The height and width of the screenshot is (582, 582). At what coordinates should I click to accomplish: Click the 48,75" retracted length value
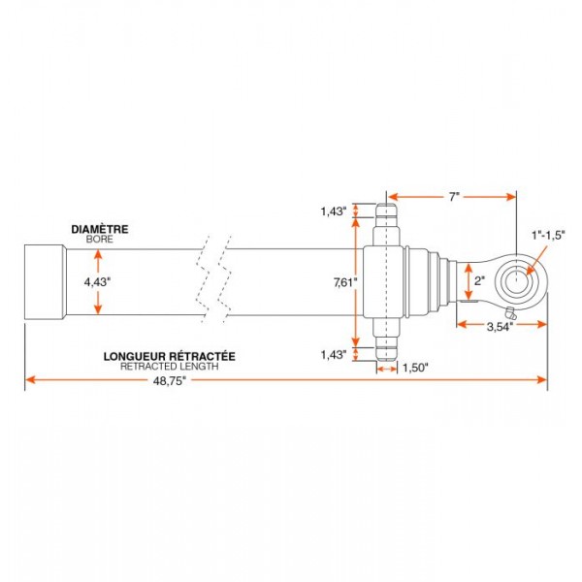click(169, 381)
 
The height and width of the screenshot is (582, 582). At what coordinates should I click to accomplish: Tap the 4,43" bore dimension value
click(98, 282)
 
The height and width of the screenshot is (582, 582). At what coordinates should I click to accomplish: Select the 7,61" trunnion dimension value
click(345, 283)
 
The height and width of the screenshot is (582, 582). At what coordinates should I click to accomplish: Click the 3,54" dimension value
click(500, 327)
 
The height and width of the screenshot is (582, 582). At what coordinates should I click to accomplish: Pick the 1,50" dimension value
click(415, 369)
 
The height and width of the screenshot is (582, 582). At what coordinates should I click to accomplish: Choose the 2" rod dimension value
click(479, 281)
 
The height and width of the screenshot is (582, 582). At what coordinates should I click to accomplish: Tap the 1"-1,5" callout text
click(548, 235)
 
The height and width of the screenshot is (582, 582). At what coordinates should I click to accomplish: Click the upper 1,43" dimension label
click(334, 211)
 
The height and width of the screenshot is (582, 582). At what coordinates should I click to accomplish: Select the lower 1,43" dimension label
click(334, 355)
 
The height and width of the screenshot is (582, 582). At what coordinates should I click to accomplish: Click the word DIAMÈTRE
click(100, 229)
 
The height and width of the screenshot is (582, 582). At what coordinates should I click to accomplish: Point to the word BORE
click(100, 240)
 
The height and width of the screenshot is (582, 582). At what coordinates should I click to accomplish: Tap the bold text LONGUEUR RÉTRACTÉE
click(169, 356)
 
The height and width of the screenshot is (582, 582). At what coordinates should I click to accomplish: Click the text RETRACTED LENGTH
click(169, 367)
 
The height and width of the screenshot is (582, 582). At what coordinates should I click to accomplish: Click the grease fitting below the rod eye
click(510, 313)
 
